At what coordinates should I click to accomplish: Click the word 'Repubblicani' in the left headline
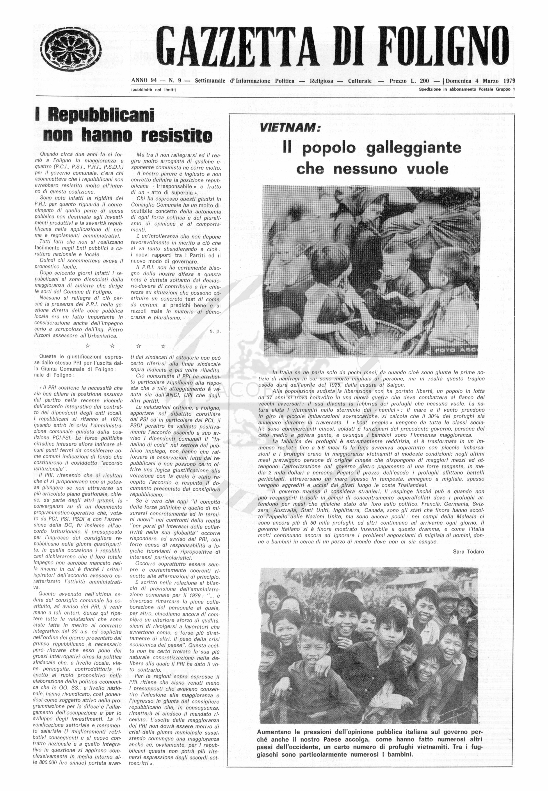tap(101, 115)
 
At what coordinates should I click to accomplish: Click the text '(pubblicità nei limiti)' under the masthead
tap(153, 90)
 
